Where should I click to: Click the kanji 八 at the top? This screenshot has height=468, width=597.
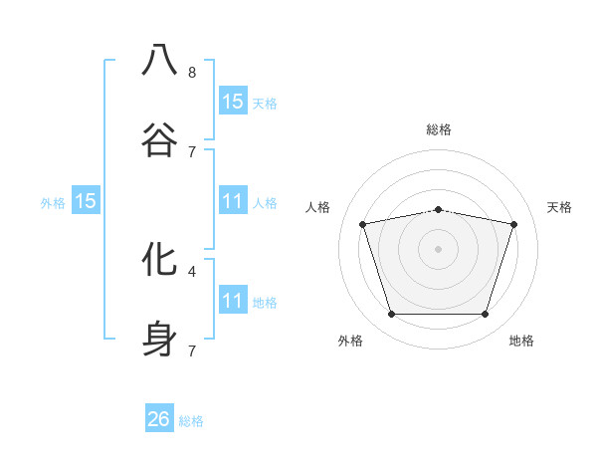click(159, 60)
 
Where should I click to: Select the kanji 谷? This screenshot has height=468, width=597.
click(159, 139)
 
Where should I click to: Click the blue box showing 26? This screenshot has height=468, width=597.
click(159, 419)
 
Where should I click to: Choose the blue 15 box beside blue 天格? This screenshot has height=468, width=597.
click(233, 101)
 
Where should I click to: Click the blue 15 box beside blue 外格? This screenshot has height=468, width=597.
click(86, 201)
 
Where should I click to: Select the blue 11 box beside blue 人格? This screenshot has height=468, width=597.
click(233, 201)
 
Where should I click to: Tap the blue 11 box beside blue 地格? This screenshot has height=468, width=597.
click(233, 301)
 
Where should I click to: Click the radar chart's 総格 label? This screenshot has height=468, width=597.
click(439, 129)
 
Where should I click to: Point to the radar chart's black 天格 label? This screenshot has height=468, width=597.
click(560, 207)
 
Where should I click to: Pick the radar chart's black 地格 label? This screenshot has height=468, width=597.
click(521, 341)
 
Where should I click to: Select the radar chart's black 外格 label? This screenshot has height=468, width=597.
click(350, 341)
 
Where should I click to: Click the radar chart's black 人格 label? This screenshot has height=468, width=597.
click(318, 207)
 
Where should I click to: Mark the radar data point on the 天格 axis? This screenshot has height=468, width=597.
click(514, 224)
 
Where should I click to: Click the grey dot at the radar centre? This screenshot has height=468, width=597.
click(439, 248)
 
